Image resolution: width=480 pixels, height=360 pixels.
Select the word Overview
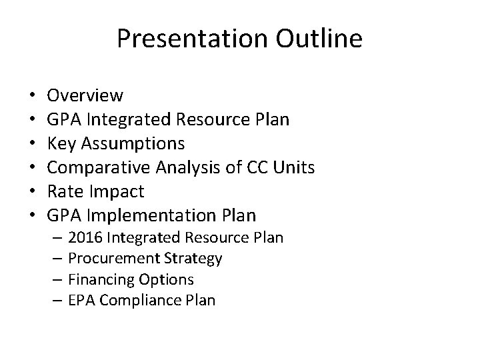coord(85,95)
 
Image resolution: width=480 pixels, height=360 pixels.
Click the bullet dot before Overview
coord(32,96)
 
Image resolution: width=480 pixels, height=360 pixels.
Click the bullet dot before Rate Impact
coord(32,192)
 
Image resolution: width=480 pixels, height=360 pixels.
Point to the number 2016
coord(83,237)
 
